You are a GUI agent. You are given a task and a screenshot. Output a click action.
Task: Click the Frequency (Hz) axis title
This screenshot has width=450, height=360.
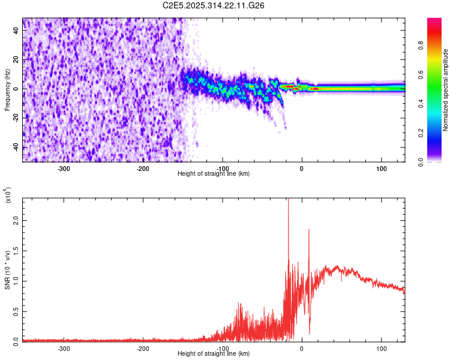(7, 90)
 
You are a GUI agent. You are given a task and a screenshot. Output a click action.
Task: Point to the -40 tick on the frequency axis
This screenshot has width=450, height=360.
(16, 148)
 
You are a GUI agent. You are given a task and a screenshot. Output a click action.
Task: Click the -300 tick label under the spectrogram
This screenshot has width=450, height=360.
(64, 167)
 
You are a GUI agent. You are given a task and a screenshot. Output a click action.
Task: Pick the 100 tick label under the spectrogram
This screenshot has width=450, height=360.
(381, 167)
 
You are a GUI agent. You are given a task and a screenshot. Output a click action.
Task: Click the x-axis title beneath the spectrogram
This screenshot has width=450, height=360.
(214, 174)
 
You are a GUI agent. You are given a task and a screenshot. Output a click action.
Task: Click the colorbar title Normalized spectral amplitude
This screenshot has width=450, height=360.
(446, 90)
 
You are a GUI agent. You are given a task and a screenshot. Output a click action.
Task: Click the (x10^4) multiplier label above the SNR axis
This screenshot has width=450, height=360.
(7, 196)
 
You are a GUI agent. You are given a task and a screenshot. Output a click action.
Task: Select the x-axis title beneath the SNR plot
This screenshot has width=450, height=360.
(214, 354)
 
